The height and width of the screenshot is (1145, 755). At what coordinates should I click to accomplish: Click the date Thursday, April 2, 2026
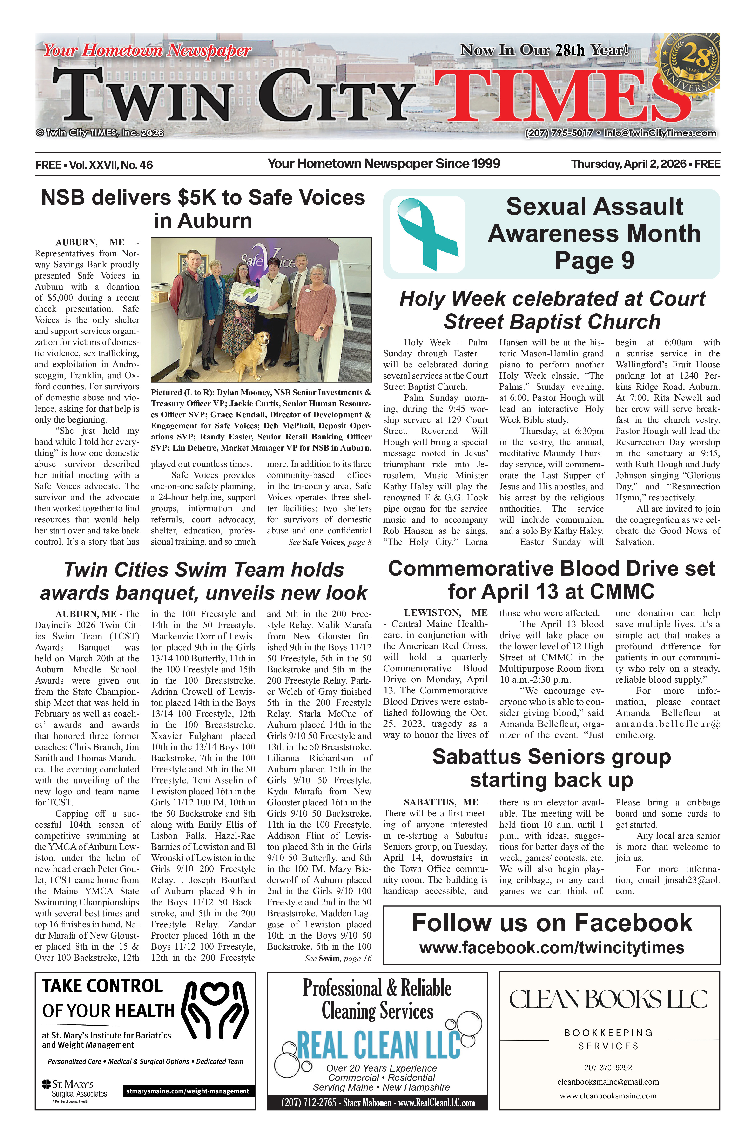[x=628, y=164]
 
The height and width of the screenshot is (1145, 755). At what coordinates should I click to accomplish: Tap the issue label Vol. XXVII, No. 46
[x=111, y=165]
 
